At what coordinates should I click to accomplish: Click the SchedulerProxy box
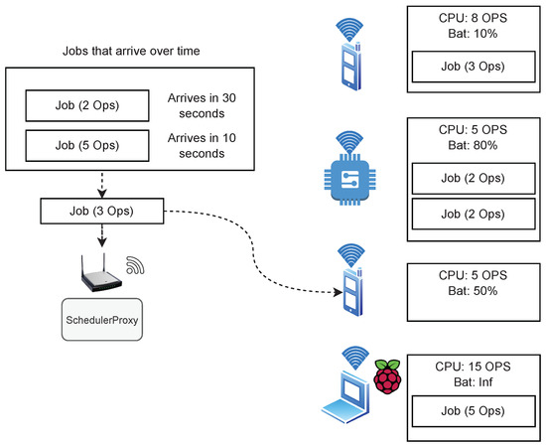coord(102,319)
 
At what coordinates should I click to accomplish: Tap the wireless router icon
coord(101,273)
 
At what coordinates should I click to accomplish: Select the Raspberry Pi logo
coord(387,376)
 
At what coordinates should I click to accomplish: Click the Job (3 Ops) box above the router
coord(102,211)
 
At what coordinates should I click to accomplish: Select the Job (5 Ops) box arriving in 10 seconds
coord(87,146)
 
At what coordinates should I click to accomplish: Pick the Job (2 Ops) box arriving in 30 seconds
coord(87,105)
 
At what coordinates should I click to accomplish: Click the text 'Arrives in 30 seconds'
coord(202,105)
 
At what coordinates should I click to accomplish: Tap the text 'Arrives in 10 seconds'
coord(202,146)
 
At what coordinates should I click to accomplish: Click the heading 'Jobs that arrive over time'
coord(131,51)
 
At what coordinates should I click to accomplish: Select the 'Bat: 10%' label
coord(473,34)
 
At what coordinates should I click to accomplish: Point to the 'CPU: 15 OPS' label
coord(473,367)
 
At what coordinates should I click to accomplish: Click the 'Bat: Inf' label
coord(473,381)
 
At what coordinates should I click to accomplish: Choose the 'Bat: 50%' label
coord(473,291)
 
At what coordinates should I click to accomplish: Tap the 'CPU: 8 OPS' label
coord(473,18)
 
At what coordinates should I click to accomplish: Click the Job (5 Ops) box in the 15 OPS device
coord(474,411)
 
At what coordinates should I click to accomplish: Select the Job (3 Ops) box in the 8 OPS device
coord(474,67)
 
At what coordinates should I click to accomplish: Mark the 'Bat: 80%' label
coord(473,145)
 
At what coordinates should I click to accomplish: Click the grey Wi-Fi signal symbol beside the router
coord(135,265)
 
